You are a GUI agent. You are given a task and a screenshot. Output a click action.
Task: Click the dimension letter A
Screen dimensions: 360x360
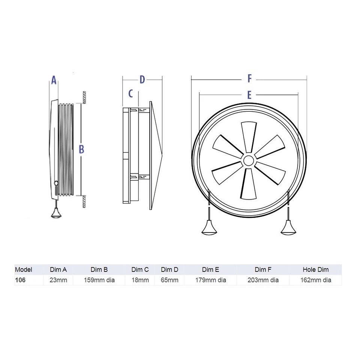click(x=54, y=80)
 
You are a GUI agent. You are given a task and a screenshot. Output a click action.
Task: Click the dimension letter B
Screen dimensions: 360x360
click(x=81, y=149)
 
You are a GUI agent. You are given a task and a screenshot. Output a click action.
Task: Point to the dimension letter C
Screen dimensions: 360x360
click(x=130, y=93)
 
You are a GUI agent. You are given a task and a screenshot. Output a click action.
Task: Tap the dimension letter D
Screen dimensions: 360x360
click(x=142, y=79)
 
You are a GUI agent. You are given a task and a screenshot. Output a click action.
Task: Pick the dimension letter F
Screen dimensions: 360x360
click(x=249, y=78)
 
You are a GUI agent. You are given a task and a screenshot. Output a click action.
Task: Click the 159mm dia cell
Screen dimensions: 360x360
click(x=99, y=280)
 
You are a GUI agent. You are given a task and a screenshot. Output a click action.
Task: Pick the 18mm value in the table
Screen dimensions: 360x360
click(x=140, y=280)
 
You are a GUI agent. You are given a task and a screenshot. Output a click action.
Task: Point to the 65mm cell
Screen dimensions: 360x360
click(x=169, y=280)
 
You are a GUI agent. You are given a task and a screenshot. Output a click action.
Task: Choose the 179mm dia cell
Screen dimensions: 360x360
click(x=210, y=280)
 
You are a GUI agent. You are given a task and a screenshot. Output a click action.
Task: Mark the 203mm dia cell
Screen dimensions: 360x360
click(x=263, y=280)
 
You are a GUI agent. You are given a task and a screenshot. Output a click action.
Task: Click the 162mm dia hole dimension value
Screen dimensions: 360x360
click(x=315, y=280)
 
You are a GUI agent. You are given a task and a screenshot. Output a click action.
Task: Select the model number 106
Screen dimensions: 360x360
click(x=20, y=280)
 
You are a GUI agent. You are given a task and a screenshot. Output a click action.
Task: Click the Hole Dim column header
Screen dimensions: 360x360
click(x=315, y=270)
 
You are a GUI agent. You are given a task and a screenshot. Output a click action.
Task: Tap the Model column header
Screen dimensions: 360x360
click(x=24, y=270)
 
